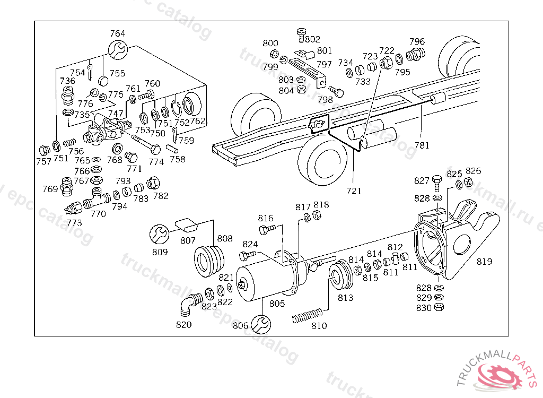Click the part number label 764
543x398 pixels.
coord(118,33)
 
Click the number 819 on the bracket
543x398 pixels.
coord(484,261)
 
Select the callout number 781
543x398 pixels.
coord(422,145)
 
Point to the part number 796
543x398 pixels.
coord(417,41)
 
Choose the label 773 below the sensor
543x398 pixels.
coord(74,222)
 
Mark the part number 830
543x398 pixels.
coord(424,307)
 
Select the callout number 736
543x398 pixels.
coord(67,81)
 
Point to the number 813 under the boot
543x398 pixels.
coord(345,298)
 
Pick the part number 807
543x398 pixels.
coord(188,240)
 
